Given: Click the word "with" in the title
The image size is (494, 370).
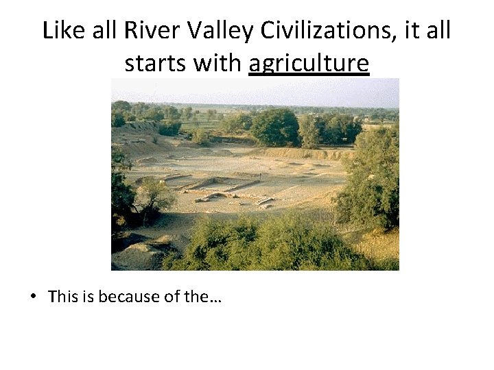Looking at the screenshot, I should coord(217,63).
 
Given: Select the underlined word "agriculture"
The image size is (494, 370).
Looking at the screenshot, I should coord(309,64).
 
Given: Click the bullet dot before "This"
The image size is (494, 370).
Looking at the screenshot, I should coord(33,297).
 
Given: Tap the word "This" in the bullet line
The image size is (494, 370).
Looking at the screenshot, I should coord(65,297).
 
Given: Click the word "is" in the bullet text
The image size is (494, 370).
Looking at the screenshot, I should coord(91,297).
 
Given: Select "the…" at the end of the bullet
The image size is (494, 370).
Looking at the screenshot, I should coord(207,297).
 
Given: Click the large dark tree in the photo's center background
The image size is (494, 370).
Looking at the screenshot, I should coord(274,127).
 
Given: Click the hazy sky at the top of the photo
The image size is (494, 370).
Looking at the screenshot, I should coord(254,90).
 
